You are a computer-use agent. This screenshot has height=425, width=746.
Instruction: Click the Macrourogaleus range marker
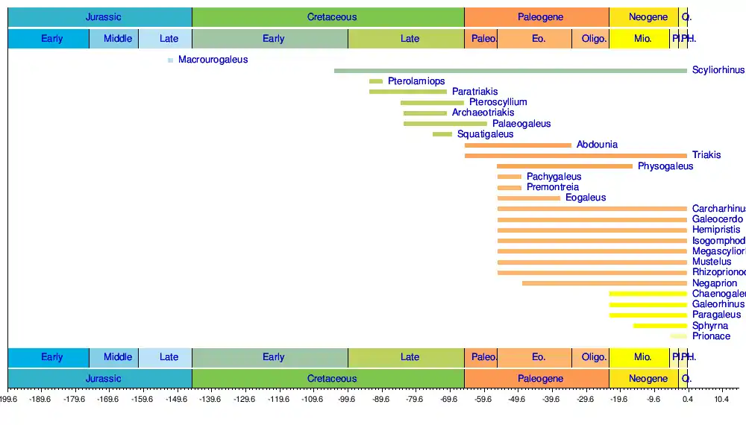point(171,60)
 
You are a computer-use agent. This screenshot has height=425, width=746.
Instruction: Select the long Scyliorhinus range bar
point(510,71)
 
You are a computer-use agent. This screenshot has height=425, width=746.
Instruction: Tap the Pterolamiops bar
point(376,81)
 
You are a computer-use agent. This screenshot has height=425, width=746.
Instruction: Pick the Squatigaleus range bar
point(442,134)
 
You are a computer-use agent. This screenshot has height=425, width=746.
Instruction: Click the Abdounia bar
point(518,145)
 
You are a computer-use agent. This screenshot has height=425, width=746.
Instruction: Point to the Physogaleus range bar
point(564,166)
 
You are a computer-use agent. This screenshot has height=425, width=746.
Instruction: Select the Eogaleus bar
point(529,198)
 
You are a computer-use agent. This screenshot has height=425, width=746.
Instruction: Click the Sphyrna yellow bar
point(660,326)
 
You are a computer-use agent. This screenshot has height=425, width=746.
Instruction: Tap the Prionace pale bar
point(679,336)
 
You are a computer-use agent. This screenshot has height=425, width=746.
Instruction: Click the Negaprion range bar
point(604,283)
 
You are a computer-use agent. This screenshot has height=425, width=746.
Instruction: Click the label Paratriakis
point(474,92)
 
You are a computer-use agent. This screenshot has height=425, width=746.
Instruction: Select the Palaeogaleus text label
point(521,124)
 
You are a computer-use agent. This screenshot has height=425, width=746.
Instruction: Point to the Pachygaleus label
point(554,177)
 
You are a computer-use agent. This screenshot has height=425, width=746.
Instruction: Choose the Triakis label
point(706,155)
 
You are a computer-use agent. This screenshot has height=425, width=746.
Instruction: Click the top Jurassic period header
point(103,17)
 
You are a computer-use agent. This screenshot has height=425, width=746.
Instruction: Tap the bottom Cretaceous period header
point(332,378)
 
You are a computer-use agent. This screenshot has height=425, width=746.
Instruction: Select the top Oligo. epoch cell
point(594,38)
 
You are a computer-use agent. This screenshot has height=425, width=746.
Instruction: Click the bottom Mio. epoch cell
point(642,357)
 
